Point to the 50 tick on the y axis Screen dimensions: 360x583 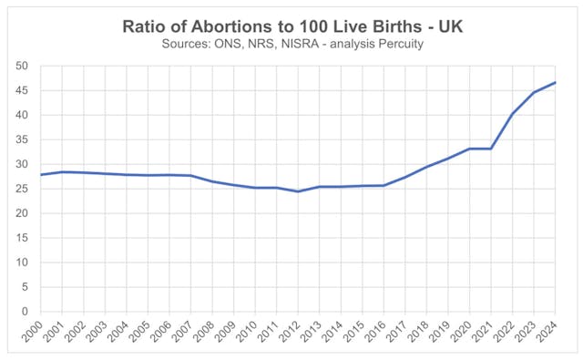click(x=21, y=67)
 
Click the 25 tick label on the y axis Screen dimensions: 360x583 click(x=21, y=189)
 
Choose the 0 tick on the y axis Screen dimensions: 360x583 click(x=25, y=312)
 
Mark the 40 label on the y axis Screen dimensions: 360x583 click(x=21, y=116)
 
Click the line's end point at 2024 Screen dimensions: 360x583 click(x=556, y=83)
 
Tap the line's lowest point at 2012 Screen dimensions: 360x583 click(x=298, y=191)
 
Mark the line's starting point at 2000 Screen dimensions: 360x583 click(x=40, y=175)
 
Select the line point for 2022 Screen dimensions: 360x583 click(x=513, y=114)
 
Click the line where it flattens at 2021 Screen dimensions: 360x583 click(x=491, y=149)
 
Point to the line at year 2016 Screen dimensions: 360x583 click(x=384, y=185)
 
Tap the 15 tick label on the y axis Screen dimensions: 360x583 click(x=21, y=238)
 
